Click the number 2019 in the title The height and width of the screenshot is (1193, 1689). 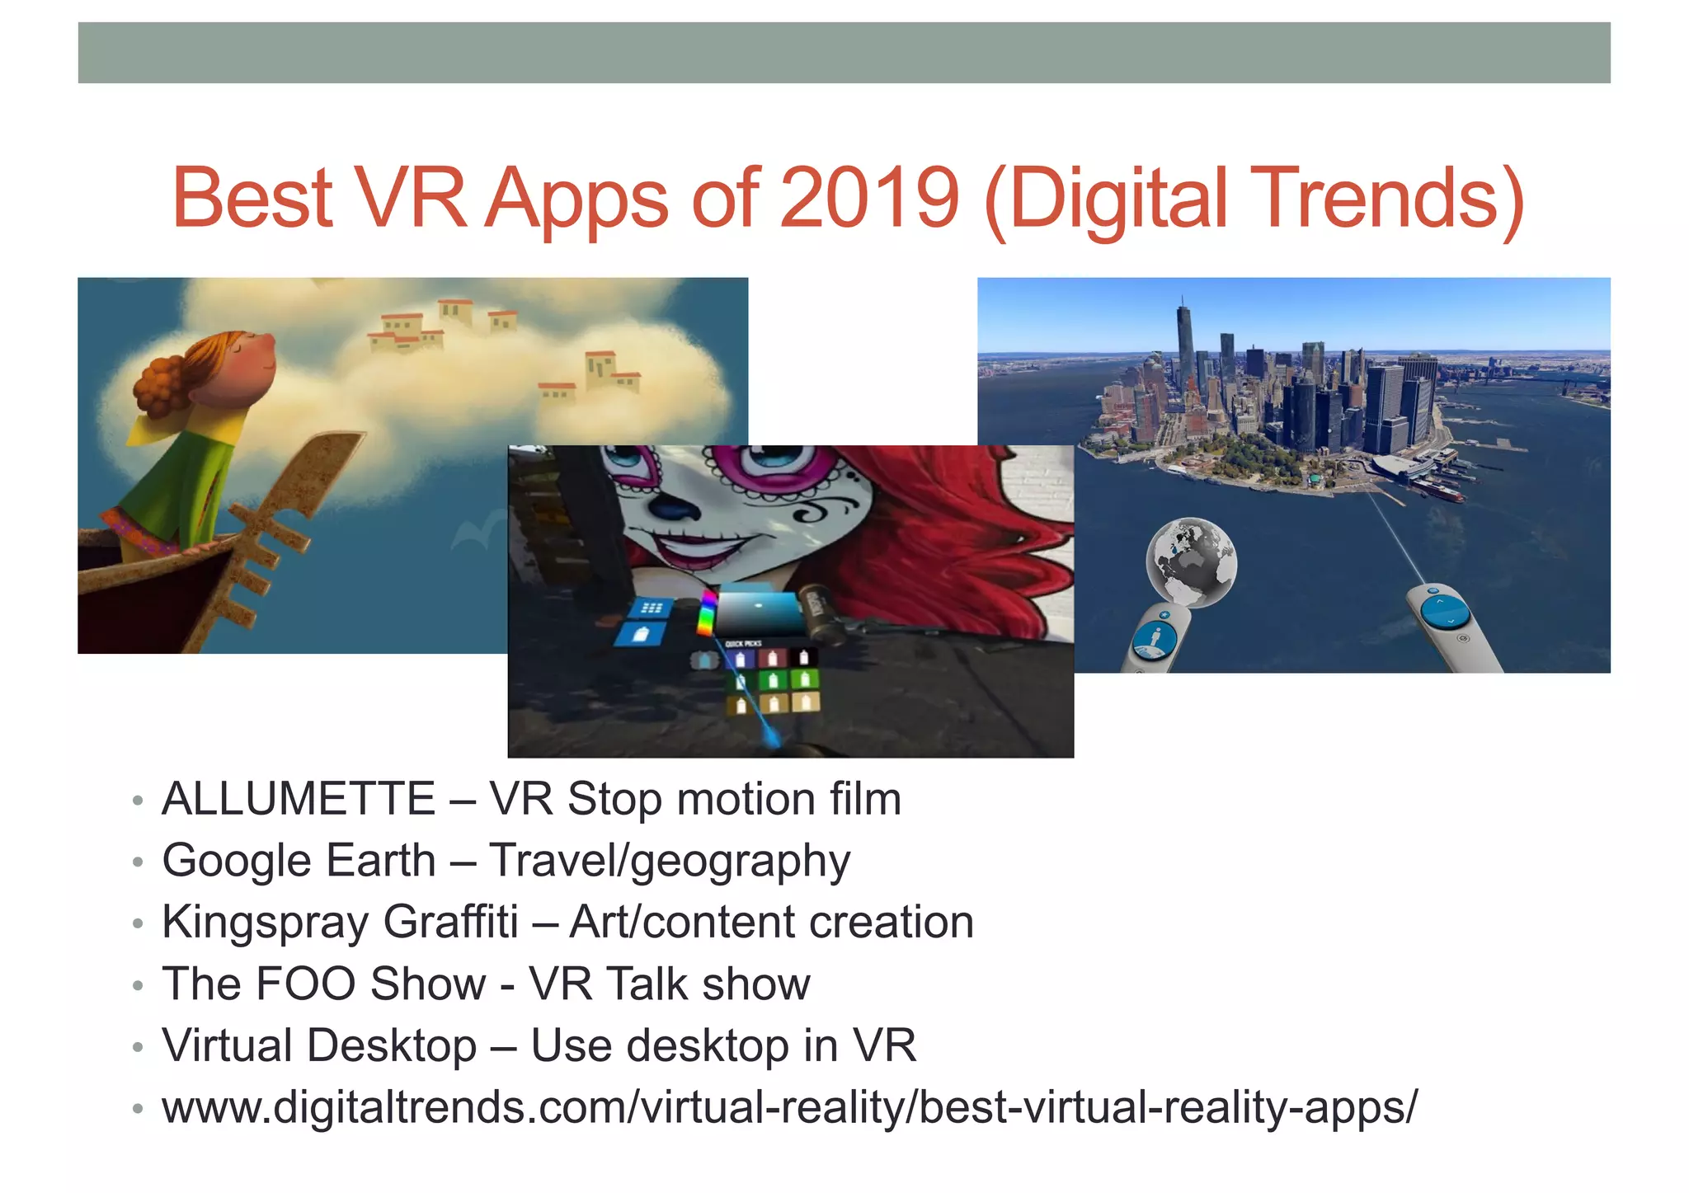coord(869,198)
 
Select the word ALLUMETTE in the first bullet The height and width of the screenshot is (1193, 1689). coord(299,799)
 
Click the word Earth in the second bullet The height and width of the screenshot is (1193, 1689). coord(381,861)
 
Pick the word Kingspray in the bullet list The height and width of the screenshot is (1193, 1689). coord(266,923)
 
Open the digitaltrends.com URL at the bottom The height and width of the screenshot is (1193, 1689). coord(789,1106)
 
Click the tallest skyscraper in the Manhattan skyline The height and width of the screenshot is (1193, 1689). coord(1185,346)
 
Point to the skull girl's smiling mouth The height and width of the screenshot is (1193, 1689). coord(709,544)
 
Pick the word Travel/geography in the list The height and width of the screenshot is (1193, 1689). coord(669,861)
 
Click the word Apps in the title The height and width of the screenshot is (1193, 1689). coord(576,198)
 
